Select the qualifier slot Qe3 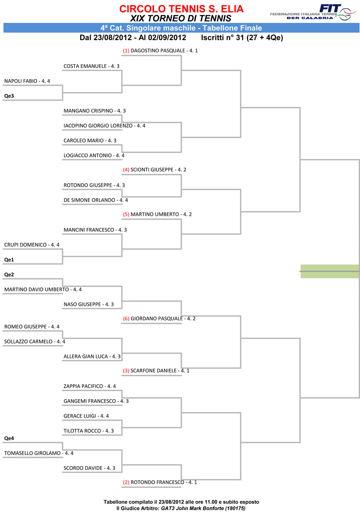pyautogui.click(x=9, y=96)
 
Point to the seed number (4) pyautogui.click(x=126, y=170)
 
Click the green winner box pyautogui.click(x=329, y=271)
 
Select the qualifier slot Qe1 pyautogui.click(x=9, y=260)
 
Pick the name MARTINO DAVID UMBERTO pyautogui.click(x=36, y=290)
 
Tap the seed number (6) pyautogui.click(x=126, y=318)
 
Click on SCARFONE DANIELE pyautogui.click(x=154, y=371)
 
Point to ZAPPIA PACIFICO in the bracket pyautogui.click(x=83, y=386)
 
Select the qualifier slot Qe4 pyautogui.click(x=9, y=438)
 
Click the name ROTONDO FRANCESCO pyautogui.click(x=157, y=482)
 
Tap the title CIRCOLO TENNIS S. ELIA pyautogui.click(x=181, y=9)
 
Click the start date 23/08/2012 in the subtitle pyautogui.click(x=113, y=38)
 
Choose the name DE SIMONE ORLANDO pyautogui.click(x=89, y=200)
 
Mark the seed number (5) pyautogui.click(x=126, y=215)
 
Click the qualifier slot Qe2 pyautogui.click(x=9, y=275)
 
